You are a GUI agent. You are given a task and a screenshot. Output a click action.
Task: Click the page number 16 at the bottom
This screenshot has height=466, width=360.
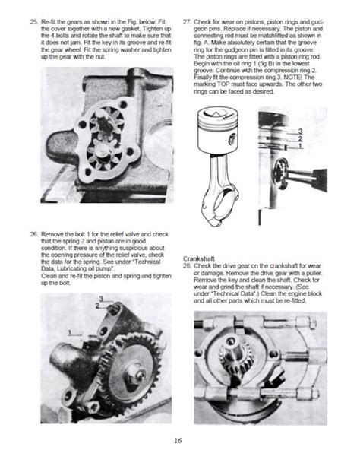pos(178,440)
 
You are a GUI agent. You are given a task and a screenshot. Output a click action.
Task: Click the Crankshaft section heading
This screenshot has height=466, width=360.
pos(199,258)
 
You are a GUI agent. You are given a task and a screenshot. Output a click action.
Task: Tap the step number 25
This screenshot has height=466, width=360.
pos(34,22)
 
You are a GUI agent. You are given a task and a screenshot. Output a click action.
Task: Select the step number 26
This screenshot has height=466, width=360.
pos(34,234)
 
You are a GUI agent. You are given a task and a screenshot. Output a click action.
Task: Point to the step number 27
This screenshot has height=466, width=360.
pos(187,22)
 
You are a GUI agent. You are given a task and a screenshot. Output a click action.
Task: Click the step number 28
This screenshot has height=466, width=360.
pos(187,266)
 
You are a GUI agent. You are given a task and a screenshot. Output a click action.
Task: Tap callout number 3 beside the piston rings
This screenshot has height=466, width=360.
pos(300,131)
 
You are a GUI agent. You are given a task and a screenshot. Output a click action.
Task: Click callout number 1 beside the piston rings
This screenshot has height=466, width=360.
pos(300,146)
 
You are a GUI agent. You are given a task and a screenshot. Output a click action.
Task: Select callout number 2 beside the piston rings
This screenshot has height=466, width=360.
pos(300,138)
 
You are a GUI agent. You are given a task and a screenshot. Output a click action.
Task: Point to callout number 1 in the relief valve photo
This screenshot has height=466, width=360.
pos(70,332)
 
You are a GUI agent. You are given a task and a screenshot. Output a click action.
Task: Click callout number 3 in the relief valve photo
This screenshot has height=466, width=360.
pos(101,299)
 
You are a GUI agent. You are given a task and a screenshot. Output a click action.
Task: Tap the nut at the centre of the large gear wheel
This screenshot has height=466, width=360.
pos(136,374)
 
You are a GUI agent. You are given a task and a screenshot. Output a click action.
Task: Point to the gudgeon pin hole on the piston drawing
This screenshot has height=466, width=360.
pos(232,139)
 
